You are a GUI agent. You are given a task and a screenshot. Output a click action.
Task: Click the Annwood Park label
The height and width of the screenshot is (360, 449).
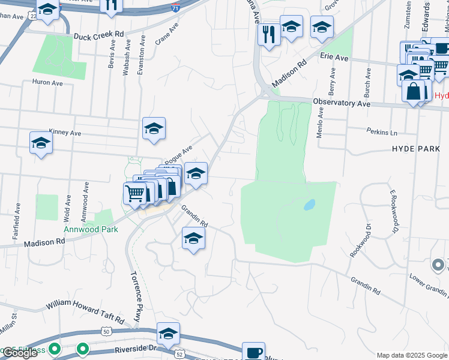tap(91, 229)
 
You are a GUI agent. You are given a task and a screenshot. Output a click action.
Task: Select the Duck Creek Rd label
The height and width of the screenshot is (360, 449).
tap(98, 36)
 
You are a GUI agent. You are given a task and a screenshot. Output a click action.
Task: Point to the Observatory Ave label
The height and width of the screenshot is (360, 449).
tap(342, 103)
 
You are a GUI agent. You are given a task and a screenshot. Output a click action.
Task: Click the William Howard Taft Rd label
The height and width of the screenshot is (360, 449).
tap(84, 310)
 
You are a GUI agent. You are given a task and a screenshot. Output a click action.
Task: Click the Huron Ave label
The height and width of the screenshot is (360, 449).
tap(47, 82)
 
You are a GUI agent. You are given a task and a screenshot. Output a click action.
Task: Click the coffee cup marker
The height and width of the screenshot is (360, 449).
tap(253, 352)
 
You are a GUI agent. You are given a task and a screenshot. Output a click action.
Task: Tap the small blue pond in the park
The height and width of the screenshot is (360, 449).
tap(309, 205)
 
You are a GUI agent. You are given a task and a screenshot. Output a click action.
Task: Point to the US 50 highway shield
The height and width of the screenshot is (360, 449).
tap(106, 331)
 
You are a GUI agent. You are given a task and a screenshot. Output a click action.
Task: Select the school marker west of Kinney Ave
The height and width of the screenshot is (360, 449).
tap(41, 143)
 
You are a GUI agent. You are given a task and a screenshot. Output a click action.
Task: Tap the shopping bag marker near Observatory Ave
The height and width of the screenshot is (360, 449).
tap(414, 92)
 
